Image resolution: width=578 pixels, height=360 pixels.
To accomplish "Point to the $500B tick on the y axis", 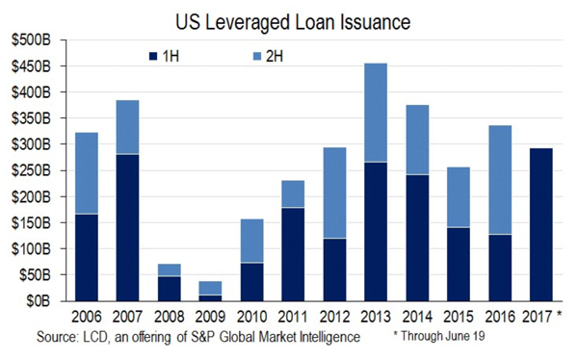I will click(36, 41).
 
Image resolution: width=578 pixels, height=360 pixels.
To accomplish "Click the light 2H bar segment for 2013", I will click(377, 126).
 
